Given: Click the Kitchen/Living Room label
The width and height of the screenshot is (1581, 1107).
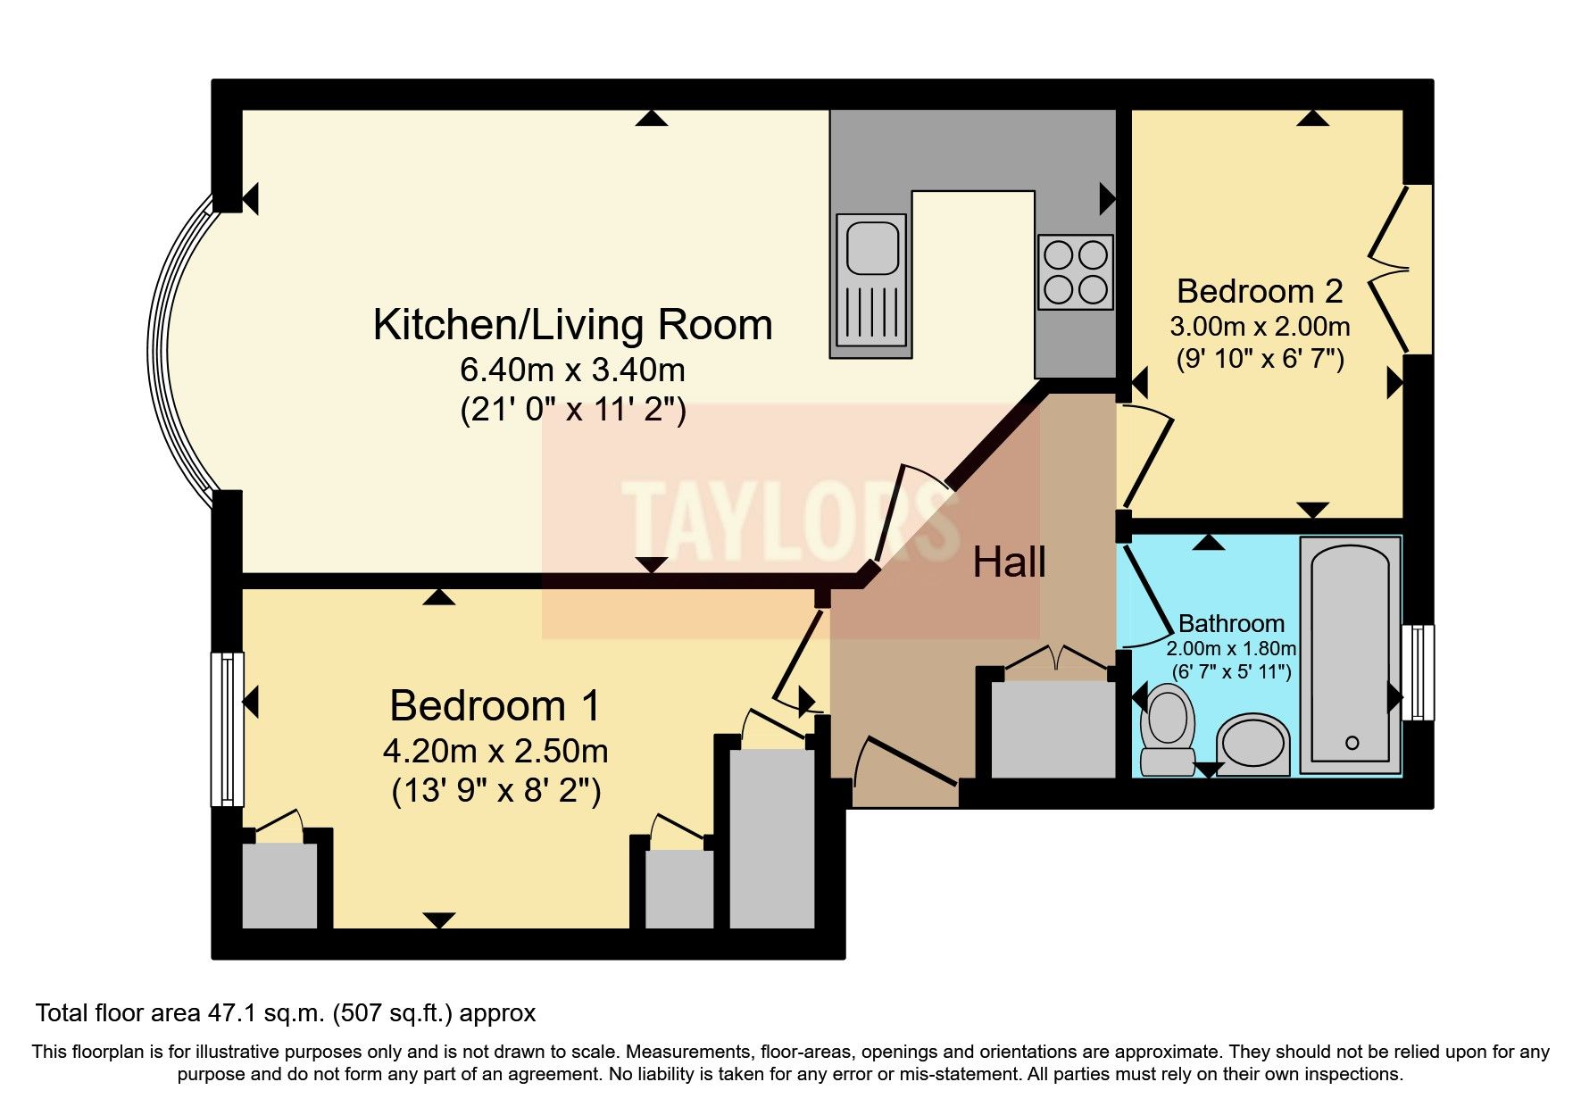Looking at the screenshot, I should point(572,325).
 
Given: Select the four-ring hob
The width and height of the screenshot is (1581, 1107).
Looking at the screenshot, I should point(1076,272).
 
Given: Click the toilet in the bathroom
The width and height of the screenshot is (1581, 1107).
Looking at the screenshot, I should point(1168,728).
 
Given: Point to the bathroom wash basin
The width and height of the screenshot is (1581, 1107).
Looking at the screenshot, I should point(1254,744).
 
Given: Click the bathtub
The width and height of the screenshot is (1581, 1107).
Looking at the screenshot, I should point(1350,653).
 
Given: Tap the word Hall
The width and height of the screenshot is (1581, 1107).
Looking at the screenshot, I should point(1009,562).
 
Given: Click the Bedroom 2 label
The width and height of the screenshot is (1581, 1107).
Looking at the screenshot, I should point(1260,291).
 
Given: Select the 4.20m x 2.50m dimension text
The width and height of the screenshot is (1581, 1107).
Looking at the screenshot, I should point(495,751).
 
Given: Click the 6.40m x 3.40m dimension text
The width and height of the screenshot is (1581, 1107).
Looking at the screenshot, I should point(572,369).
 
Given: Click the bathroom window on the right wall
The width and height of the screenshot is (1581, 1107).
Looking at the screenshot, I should point(1417,672).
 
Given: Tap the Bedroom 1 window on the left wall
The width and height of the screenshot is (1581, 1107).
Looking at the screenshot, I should point(227,729).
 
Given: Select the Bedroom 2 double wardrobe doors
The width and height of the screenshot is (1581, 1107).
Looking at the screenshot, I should point(1393,268).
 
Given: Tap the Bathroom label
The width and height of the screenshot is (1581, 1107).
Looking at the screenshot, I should point(1231,623).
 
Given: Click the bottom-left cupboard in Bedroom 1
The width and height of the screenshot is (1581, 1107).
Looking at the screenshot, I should point(279,884).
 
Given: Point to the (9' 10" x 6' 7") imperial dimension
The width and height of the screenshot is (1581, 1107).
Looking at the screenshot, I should point(1260,359).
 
